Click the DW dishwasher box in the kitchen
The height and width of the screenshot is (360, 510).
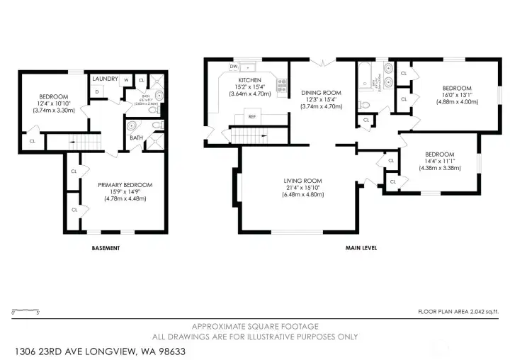pyautogui.click(x=233, y=67)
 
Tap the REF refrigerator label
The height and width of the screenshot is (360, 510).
pyautogui.click(x=251, y=116)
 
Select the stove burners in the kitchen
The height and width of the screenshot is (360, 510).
pyautogui.click(x=281, y=84)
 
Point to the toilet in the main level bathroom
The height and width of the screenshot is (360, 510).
pyautogui.click(x=363, y=105)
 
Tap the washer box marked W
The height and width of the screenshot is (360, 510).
pyautogui.click(x=126, y=80)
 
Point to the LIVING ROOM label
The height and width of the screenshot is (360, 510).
pyautogui.click(x=302, y=181)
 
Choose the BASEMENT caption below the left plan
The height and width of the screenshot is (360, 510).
pyautogui.click(x=106, y=248)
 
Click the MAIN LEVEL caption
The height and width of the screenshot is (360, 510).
pyautogui.click(x=361, y=248)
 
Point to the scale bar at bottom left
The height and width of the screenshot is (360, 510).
pyautogui.click(x=25, y=310)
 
